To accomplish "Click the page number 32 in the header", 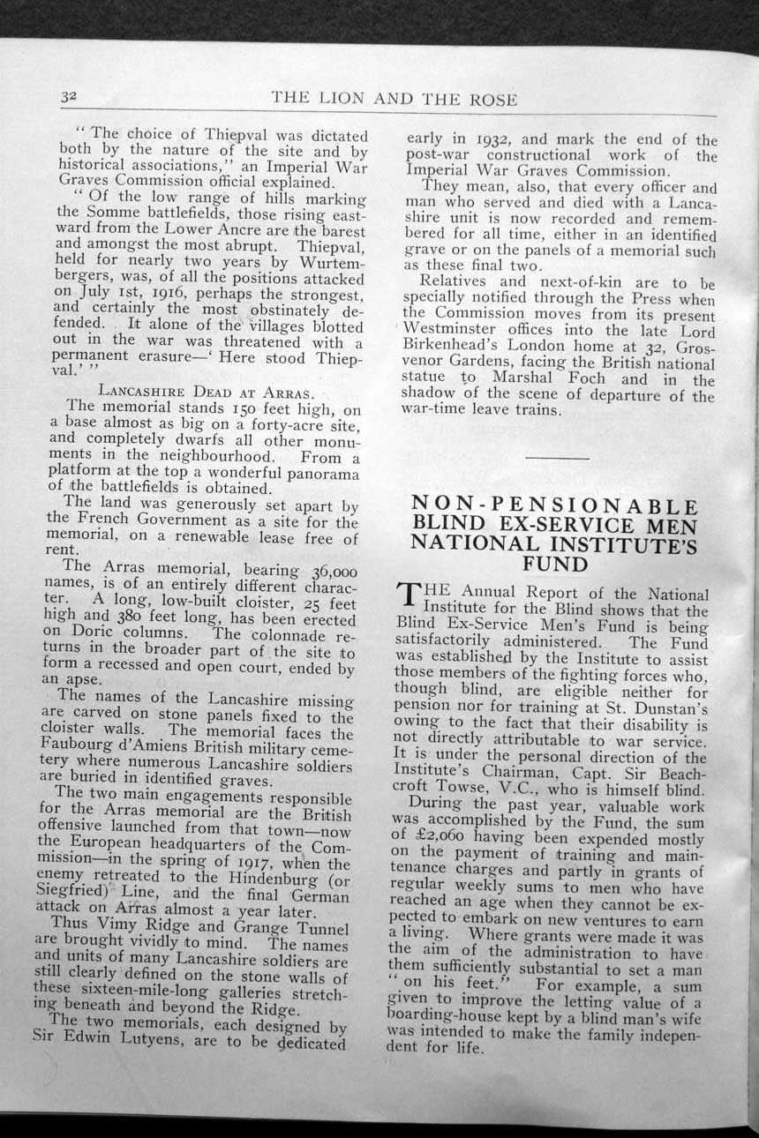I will pyautogui.click(x=69, y=97).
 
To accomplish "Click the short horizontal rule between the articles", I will pyautogui.click(x=556, y=458).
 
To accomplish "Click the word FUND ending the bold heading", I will pyautogui.click(x=555, y=564).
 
